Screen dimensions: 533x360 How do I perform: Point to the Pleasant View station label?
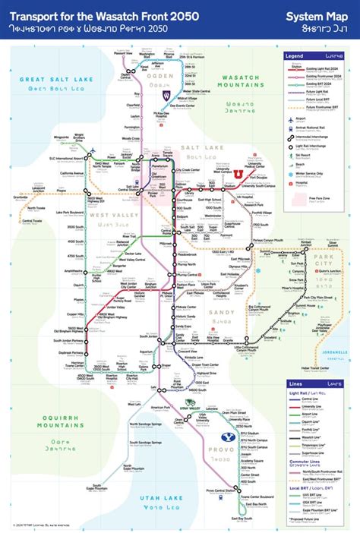tap(124, 53)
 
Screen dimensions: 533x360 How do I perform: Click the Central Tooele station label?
tap(32, 221)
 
